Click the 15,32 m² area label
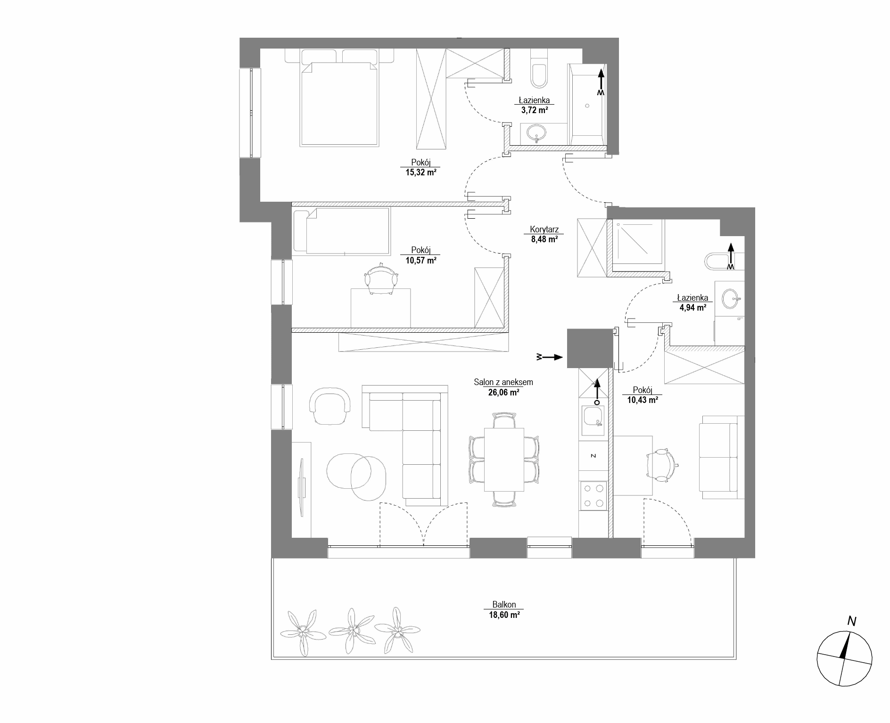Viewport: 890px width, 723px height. click(x=420, y=173)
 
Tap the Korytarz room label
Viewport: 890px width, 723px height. click(x=544, y=230)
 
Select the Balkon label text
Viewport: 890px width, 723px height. click(x=504, y=604)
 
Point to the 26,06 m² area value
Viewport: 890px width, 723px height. click(x=503, y=392)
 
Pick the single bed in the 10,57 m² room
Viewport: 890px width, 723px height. click(x=341, y=231)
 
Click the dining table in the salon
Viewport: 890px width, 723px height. click(x=504, y=460)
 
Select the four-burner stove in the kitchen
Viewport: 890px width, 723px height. click(x=593, y=496)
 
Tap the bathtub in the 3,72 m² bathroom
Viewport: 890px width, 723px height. click(x=587, y=105)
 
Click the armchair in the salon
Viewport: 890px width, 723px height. click(x=330, y=406)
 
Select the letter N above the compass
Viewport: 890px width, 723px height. click(x=851, y=621)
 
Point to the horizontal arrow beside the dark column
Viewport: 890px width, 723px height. click(x=550, y=357)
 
